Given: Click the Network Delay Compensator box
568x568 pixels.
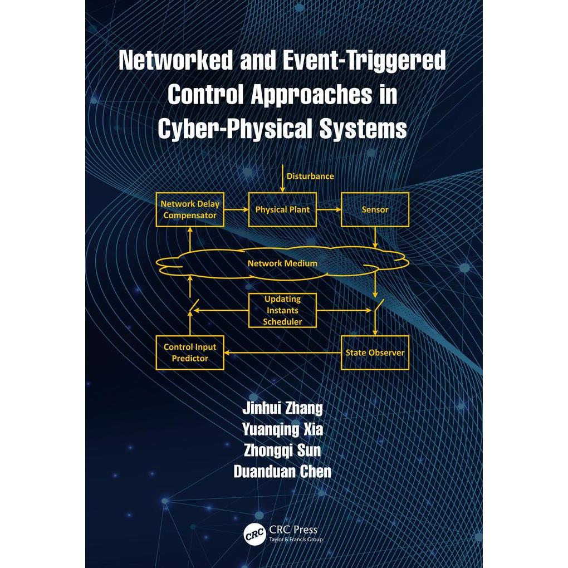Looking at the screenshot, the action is coord(190,210).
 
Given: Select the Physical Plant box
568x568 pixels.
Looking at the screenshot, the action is coord(282,210).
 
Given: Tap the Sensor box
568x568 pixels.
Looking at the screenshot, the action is coord(375,210).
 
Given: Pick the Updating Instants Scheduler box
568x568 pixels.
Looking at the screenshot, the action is coord(282,310).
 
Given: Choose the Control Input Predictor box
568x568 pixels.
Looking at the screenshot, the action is coord(190,352).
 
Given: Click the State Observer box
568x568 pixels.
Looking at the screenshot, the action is coord(375,352).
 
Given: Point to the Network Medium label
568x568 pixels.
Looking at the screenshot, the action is coord(282,263).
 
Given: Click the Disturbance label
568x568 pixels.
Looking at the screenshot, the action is coord(310,177).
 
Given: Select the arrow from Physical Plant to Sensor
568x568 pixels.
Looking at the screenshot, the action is coord(329,209).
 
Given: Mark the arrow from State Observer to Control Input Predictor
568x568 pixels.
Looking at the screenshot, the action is coord(282,352).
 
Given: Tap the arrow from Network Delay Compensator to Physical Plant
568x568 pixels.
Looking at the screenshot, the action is coord(236,209).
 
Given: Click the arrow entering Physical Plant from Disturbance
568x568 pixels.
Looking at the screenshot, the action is coord(282,179).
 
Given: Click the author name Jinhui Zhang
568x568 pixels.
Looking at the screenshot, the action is coord(282,408).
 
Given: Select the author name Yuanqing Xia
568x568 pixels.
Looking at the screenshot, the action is coord(282,430).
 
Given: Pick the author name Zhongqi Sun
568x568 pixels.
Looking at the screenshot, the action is coord(282,451).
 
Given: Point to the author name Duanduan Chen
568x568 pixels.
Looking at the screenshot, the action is coord(282,472).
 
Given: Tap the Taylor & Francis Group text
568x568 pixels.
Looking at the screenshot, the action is coord(296,540).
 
